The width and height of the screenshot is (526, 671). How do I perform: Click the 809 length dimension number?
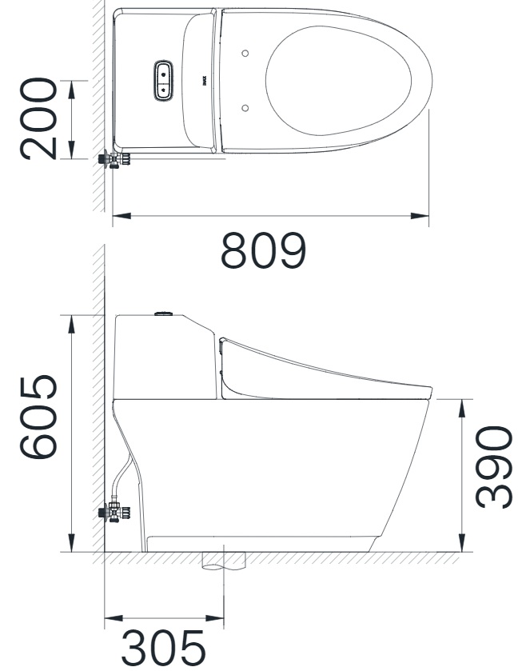(264, 251)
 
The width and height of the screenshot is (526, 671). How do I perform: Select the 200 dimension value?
(40, 118)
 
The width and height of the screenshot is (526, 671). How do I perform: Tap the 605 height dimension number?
(40, 417)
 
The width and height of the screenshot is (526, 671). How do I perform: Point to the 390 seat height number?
(492, 466)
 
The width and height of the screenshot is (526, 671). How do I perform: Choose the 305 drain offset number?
(163, 648)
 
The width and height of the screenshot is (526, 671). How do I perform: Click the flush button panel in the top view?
(163, 81)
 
